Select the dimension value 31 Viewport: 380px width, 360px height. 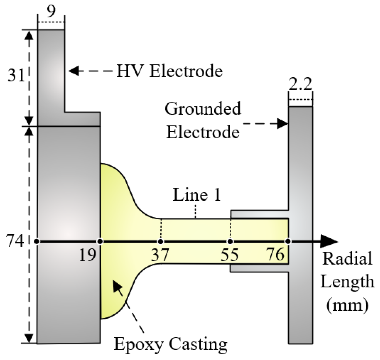(x=16, y=76)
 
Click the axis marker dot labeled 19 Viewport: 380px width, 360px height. (x=100, y=242)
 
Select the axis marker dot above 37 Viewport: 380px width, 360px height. (x=161, y=242)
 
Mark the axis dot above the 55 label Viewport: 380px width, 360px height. (x=230, y=242)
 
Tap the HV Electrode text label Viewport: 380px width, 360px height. (x=170, y=72)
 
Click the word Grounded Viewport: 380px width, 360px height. (x=203, y=109)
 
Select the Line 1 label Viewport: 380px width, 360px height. (x=196, y=195)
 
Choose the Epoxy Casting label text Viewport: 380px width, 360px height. (x=170, y=344)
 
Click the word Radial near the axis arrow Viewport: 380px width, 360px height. (x=347, y=259)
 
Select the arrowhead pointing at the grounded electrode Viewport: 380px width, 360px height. (x=283, y=124)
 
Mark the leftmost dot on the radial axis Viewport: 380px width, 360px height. (x=37, y=242)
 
